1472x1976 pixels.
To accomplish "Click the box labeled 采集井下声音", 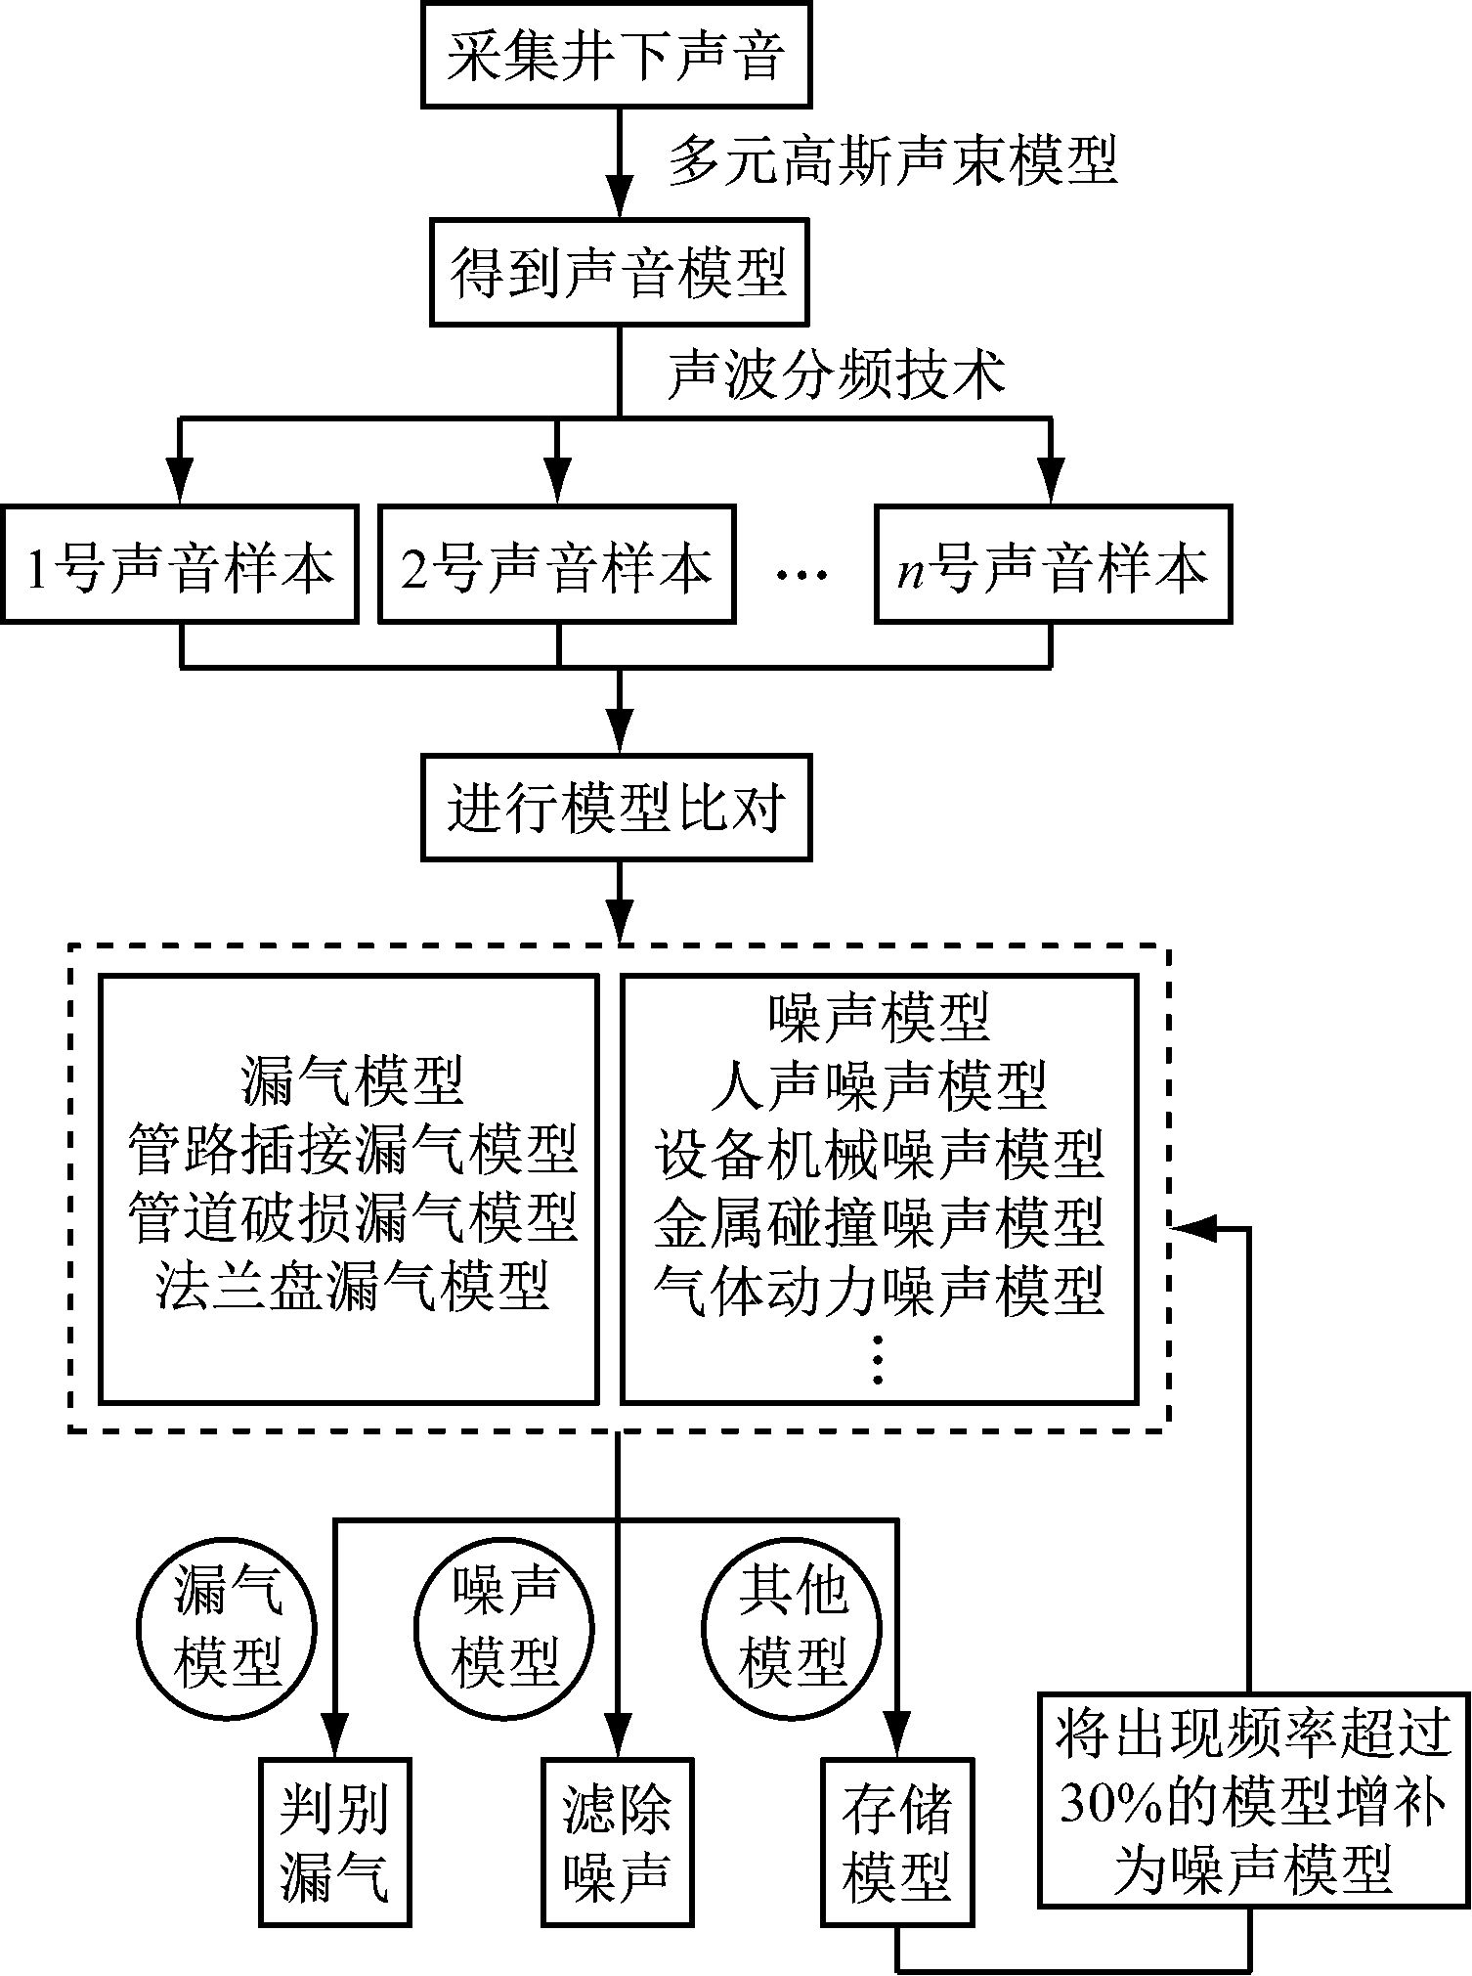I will coord(617,55).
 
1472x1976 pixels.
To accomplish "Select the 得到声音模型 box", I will coord(619,272).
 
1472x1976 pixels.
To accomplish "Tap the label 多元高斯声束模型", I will coord(892,161).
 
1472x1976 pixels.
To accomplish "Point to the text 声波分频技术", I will coord(836,374).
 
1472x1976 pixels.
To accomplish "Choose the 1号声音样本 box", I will coord(180,565).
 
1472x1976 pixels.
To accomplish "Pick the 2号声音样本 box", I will coord(556,565).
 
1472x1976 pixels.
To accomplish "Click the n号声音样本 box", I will coord(1053,565).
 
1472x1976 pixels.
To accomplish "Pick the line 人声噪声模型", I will coord(880,1084).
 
